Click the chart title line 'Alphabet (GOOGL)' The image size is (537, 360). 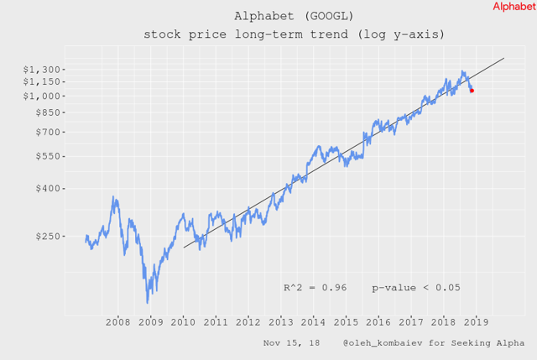(x=294, y=16)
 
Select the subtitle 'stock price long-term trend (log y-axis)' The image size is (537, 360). (x=294, y=34)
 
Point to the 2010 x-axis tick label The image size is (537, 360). (x=184, y=322)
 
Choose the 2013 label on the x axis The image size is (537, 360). (x=281, y=322)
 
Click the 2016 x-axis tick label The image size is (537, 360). (x=378, y=322)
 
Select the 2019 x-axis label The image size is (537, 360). (x=476, y=322)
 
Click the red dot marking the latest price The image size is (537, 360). (x=472, y=90)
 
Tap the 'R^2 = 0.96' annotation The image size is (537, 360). (x=315, y=288)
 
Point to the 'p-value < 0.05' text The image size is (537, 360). (x=416, y=288)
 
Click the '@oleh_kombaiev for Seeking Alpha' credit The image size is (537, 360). (x=433, y=343)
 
